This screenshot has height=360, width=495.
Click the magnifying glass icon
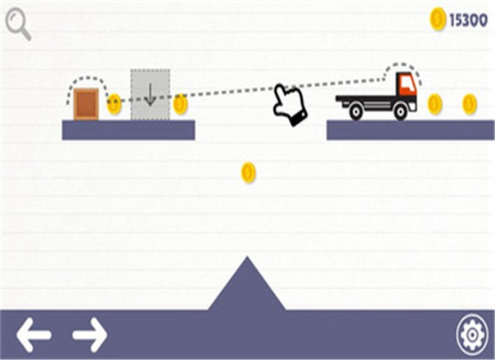17,24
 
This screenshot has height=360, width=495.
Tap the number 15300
468,20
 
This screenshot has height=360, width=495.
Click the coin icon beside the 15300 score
438,20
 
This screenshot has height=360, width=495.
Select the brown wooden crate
86,104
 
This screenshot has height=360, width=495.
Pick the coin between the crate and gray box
114,104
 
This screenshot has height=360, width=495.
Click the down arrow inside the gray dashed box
150,94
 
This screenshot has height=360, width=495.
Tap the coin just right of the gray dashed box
180,104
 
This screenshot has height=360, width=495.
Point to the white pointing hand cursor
289,105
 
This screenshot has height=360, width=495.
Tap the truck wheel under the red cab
400,112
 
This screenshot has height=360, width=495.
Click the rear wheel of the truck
356,112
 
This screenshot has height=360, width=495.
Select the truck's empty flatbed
364,99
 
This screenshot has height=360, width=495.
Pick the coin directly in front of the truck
434,104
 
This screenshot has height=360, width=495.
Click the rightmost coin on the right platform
469,104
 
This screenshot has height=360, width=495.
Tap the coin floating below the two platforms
248,172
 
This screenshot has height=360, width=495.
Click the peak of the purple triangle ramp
246,260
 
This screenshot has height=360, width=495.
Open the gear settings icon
471,334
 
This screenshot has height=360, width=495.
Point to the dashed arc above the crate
87,80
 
